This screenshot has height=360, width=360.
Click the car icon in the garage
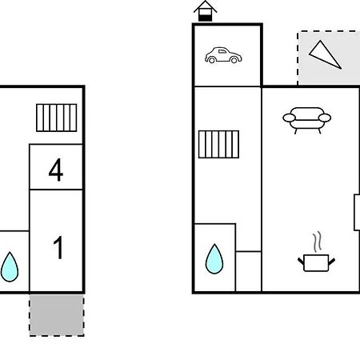coord(223,55)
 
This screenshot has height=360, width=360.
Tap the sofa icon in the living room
coord(307,120)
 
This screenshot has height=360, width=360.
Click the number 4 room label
coord(56,170)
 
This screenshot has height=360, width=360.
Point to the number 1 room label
coord(58,247)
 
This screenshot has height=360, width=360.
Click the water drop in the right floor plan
coord(214,258)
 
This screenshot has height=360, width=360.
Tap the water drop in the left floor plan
coord(10,267)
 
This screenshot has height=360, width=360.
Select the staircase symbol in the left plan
coord(57,118)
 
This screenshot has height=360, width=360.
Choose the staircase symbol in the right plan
coord(218,144)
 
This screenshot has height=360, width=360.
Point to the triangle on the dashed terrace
coord(325,54)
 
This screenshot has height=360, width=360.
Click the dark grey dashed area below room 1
coord(57,315)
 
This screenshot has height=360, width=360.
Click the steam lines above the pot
coord(317,242)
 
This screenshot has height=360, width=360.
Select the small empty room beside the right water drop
coord(248,271)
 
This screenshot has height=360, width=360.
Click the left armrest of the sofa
coord(290,118)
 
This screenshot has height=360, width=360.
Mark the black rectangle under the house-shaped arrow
coord(205,18)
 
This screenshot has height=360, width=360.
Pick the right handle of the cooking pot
coord(332,262)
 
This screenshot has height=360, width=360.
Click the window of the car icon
coord(222,51)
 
